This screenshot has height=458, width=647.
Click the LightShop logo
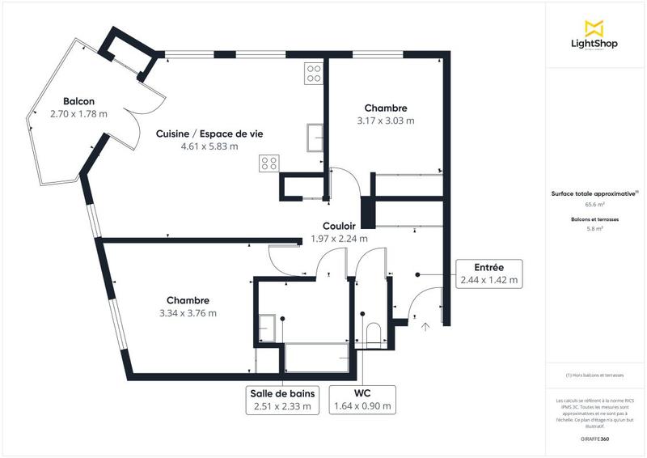click(594, 35)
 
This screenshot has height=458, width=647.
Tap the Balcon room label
click(68, 102)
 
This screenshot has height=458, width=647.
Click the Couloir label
click(339, 227)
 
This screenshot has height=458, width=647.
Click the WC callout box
click(363, 400)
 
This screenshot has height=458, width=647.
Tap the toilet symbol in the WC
click(373, 334)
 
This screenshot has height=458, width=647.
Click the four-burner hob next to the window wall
click(314, 74)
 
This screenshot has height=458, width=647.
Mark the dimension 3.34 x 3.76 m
click(189, 312)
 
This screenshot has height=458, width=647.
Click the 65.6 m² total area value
click(594, 206)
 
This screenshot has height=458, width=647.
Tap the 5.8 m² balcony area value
click(594, 229)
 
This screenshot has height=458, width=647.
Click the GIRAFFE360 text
click(594, 438)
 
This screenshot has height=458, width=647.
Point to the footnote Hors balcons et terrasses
click(594, 375)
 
